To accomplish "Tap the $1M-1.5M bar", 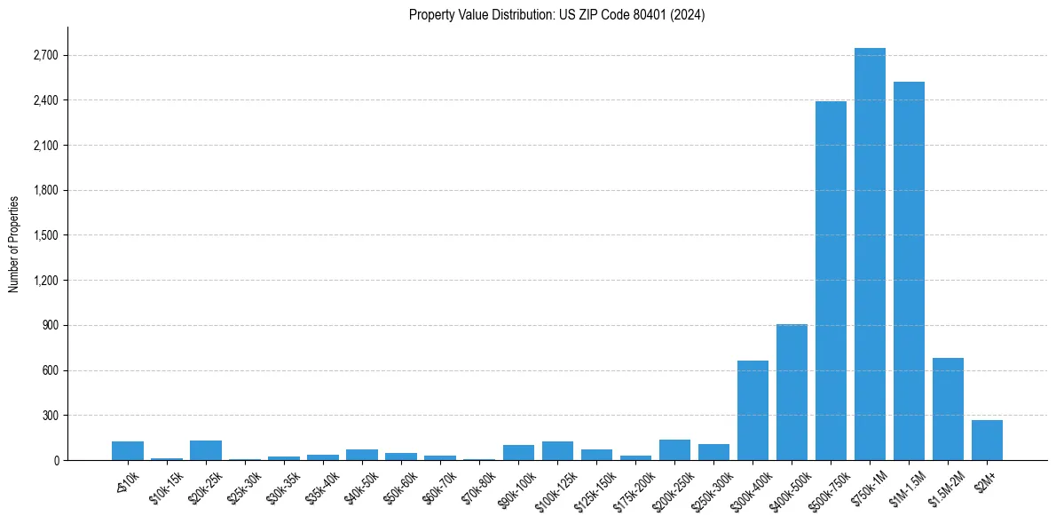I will (x=909, y=271).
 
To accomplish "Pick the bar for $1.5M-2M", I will (x=948, y=409).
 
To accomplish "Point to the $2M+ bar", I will (x=987, y=440).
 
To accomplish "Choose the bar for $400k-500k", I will (x=792, y=392).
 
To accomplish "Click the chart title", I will (x=557, y=15).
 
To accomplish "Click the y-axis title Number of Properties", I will (x=14, y=243).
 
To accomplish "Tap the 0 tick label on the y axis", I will (x=55, y=461).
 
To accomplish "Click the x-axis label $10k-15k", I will (x=167, y=488).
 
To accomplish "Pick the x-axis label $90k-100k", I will (x=516, y=488).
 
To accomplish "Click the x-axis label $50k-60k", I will (x=400, y=488).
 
